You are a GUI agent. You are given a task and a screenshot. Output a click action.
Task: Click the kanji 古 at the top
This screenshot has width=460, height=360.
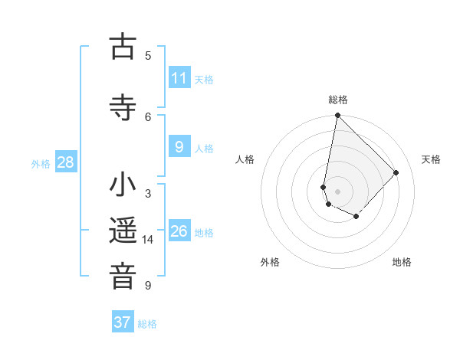click(x=123, y=47)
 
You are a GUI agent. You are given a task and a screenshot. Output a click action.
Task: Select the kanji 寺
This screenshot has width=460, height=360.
click(x=123, y=108)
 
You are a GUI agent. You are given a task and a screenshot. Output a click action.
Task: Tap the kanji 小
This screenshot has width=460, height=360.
click(x=123, y=186)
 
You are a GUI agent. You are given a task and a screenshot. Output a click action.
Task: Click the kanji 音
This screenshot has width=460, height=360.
click(x=123, y=277)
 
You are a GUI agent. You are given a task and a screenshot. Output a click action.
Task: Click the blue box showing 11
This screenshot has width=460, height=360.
click(x=179, y=78)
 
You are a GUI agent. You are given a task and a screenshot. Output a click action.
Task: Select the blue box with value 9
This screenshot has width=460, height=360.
click(x=179, y=147)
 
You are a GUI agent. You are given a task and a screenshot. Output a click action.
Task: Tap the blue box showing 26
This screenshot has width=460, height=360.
click(x=179, y=231)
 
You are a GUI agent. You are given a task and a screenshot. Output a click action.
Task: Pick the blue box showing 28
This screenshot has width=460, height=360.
click(x=65, y=162)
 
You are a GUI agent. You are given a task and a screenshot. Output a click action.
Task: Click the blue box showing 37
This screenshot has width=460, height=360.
click(x=123, y=322)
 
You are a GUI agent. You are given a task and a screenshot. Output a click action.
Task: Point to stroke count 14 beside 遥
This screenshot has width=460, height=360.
click(x=148, y=240)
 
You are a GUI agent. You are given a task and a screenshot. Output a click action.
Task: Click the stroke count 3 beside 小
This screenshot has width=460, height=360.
click(x=148, y=194)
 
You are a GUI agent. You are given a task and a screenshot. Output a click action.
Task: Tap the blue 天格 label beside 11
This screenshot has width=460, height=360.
click(x=204, y=80)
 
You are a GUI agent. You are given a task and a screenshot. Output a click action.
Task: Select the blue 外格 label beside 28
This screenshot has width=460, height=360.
click(x=41, y=164)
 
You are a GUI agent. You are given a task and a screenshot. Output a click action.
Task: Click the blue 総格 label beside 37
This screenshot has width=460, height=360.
click(x=147, y=324)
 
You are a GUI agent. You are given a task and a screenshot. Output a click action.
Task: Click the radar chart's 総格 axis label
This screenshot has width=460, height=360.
click(x=338, y=100)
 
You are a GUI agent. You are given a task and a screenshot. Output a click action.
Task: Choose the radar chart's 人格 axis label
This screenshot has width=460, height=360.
click(x=245, y=159)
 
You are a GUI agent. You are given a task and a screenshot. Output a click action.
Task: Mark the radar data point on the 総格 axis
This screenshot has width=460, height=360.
click(x=337, y=116)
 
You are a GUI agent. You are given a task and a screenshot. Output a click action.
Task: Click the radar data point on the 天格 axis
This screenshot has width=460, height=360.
click(x=396, y=172)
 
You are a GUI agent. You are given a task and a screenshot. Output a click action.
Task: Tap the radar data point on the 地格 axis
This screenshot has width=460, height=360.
click(x=356, y=217)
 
